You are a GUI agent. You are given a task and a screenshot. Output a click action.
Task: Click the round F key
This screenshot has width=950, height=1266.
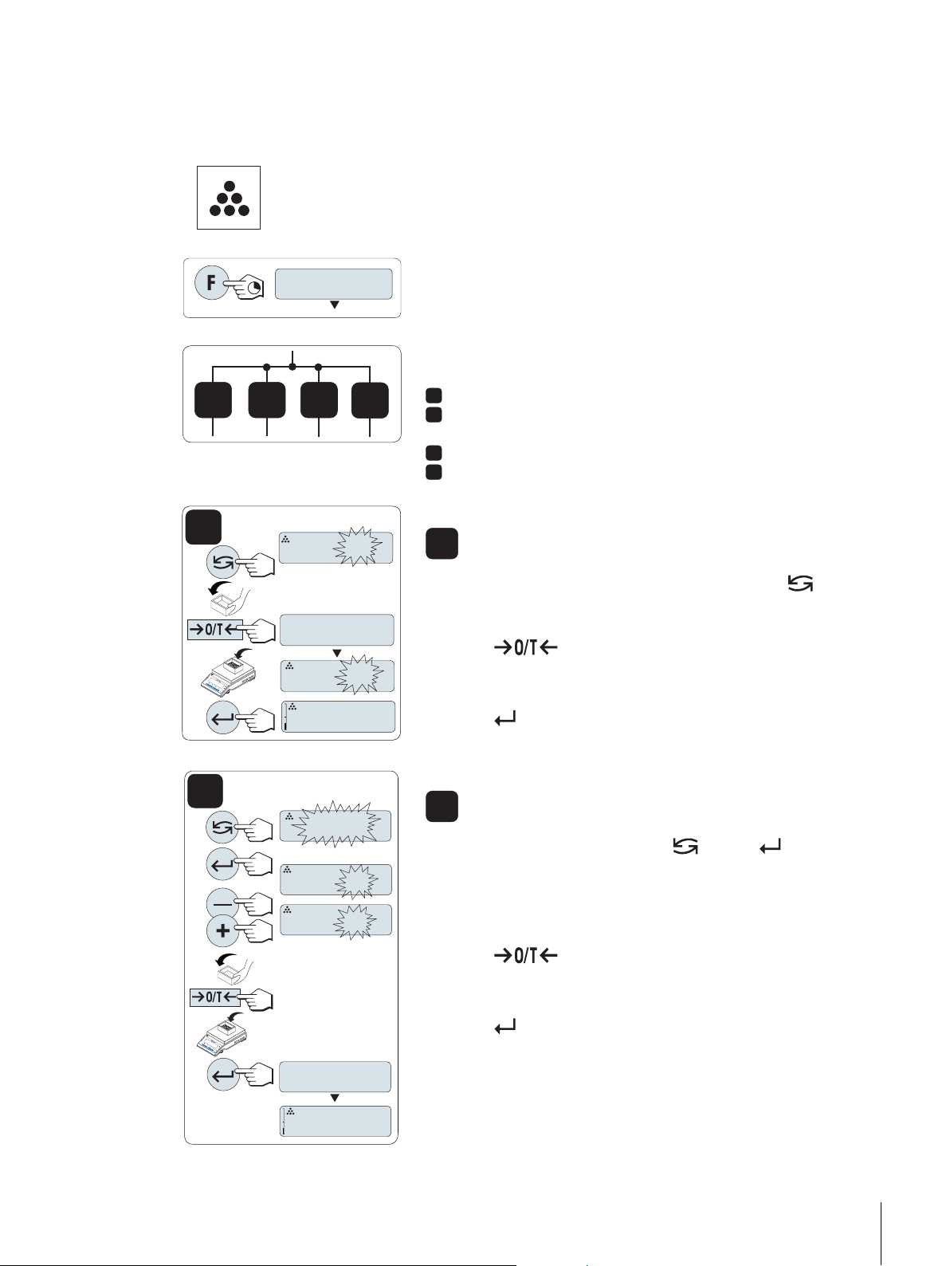click(210, 283)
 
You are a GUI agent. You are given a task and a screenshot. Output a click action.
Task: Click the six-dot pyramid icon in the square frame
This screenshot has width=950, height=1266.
click(229, 199)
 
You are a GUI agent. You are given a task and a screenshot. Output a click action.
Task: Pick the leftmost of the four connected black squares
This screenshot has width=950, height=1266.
click(214, 400)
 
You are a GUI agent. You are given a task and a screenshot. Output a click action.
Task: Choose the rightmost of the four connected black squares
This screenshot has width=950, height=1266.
click(371, 400)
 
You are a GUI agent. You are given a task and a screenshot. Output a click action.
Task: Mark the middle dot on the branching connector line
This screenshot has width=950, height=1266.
click(293, 367)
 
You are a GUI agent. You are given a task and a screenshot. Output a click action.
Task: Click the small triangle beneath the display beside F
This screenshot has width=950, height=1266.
click(335, 305)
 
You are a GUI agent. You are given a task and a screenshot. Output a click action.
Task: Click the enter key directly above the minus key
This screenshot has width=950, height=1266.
click(222, 864)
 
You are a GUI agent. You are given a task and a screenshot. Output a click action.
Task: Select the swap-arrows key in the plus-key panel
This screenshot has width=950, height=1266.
click(222, 827)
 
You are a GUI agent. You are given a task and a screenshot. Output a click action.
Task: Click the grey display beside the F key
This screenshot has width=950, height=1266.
click(333, 284)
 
